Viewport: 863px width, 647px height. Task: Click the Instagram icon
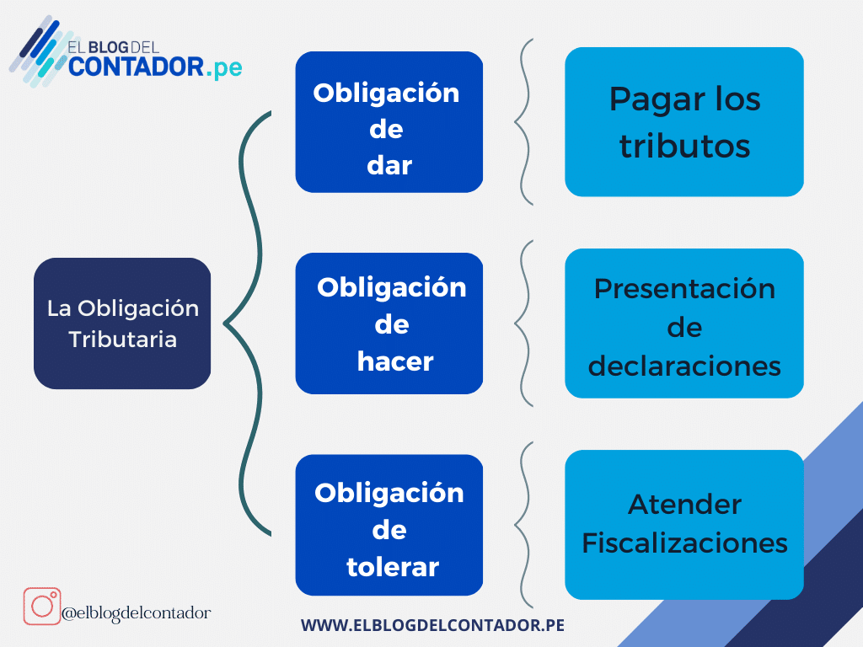(x=41, y=607)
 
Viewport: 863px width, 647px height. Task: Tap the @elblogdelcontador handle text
(x=136, y=613)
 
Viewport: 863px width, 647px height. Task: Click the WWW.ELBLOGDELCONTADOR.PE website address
(x=432, y=625)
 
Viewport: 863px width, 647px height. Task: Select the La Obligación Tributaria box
(x=122, y=323)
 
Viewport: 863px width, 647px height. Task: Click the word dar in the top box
(x=389, y=165)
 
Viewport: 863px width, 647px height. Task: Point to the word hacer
(x=394, y=361)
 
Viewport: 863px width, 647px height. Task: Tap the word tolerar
(x=392, y=567)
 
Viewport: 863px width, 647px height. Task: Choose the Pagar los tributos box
(x=683, y=122)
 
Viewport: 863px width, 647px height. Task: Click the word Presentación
(x=684, y=288)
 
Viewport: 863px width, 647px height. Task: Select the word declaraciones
(x=684, y=366)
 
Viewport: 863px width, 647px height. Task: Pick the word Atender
(x=684, y=505)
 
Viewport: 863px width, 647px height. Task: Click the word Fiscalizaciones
(x=684, y=543)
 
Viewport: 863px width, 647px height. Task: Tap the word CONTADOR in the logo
(x=134, y=67)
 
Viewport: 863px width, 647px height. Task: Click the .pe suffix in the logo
(x=223, y=67)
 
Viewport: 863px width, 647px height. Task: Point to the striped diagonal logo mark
(x=38, y=52)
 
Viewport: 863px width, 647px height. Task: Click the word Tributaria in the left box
(x=122, y=340)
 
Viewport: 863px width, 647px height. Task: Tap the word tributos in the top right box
(x=684, y=146)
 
